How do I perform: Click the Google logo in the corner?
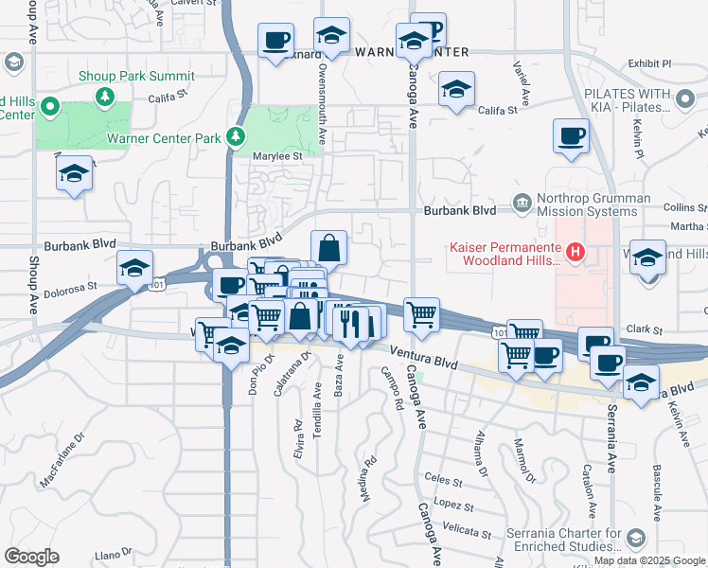click(x=31, y=556)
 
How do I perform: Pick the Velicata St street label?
click(x=468, y=532)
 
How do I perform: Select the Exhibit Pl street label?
click(x=648, y=63)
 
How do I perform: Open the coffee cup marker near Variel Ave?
click(x=571, y=136)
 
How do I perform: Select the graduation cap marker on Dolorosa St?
click(x=134, y=268)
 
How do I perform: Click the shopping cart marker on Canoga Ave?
click(x=421, y=314)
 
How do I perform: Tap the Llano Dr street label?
click(x=113, y=553)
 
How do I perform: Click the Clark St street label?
click(x=644, y=329)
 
